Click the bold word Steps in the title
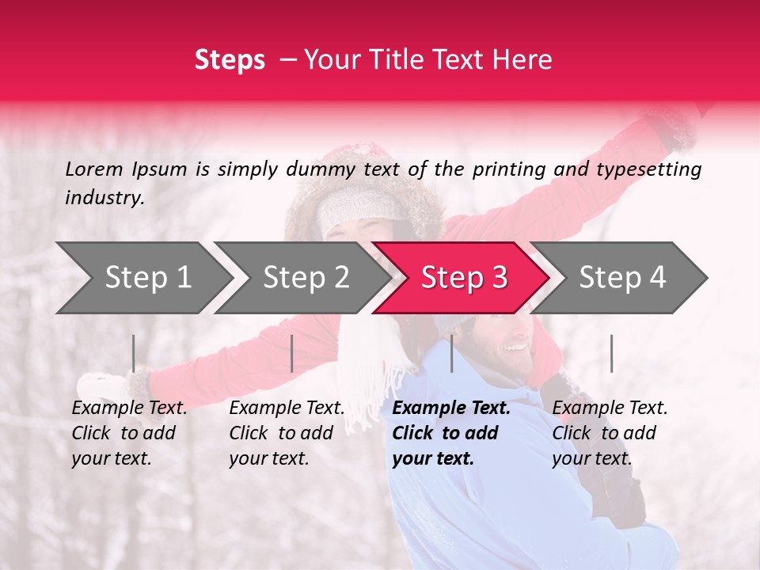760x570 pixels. tap(230, 60)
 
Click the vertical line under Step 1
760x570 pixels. tap(134, 353)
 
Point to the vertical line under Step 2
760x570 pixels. tap(292, 353)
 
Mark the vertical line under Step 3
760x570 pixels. tap(452, 353)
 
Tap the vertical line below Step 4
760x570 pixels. tap(612, 353)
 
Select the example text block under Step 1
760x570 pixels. tap(129, 433)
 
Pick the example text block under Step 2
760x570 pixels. tap(287, 433)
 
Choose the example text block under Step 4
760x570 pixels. tap(610, 433)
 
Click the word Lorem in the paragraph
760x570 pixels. tap(94, 169)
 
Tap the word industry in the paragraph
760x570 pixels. tap(104, 198)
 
